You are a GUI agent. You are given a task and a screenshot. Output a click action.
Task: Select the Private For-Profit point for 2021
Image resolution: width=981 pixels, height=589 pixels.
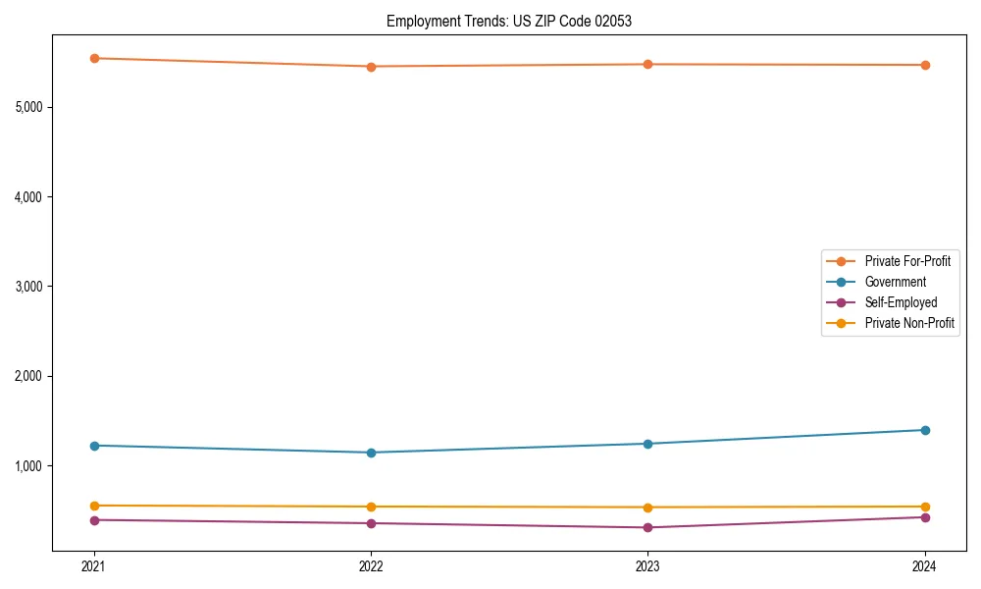point(94,58)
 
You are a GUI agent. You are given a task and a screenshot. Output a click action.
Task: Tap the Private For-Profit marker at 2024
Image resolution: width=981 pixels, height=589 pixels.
point(925,65)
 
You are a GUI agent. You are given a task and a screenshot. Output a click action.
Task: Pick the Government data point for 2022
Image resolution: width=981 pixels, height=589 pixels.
point(371,453)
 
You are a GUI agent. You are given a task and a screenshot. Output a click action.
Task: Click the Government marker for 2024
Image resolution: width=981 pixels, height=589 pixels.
point(925,430)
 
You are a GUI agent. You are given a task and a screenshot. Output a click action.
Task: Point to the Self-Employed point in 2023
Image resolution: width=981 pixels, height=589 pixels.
point(647,528)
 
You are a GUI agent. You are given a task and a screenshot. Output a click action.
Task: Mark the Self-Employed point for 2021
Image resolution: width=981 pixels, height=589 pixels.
point(94,520)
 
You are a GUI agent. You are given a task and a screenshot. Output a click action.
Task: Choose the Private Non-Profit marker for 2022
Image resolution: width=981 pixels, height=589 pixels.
point(371,507)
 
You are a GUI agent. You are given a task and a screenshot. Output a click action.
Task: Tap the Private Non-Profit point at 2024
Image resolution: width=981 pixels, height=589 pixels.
point(925,507)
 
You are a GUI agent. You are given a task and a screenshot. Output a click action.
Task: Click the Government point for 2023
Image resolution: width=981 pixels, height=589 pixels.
point(647,444)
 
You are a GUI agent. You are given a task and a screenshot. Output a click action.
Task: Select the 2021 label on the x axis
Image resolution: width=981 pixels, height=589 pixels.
point(94,565)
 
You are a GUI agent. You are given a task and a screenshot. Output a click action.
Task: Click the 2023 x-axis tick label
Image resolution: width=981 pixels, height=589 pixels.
point(647,565)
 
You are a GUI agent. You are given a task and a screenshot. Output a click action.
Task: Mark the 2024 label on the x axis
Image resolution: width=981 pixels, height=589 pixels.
point(925,565)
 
